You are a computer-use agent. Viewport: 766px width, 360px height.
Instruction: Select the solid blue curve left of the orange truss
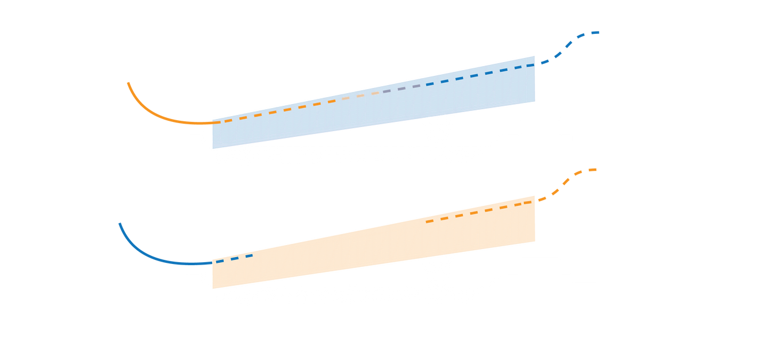[150, 255]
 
